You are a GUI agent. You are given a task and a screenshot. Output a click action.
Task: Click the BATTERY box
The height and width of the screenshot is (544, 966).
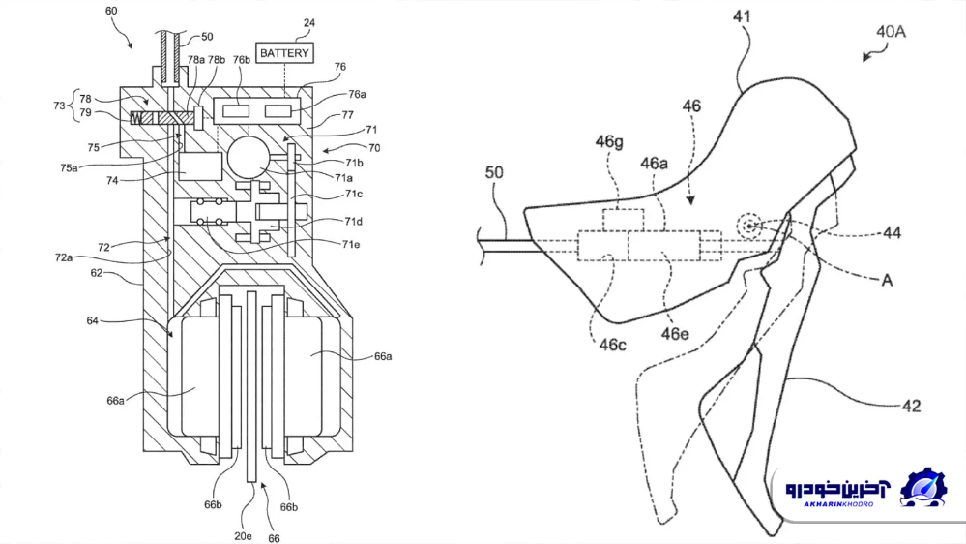(x=284, y=53)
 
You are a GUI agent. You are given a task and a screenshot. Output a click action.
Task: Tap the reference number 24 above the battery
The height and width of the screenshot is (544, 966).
(x=309, y=23)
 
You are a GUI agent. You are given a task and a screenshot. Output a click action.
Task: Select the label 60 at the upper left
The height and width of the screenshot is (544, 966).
(x=111, y=11)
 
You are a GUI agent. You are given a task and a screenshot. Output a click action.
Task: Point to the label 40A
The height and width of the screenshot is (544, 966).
(x=891, y=31)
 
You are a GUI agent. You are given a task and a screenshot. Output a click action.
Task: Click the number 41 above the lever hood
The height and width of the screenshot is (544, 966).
(x=743, y=15)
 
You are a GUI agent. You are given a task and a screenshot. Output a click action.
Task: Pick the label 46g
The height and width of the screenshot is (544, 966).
(x=608, y=142)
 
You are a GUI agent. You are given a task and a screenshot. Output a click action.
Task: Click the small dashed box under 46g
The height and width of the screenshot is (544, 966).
(x=624, y=220)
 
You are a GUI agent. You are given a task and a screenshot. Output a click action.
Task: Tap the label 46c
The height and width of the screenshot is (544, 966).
(x=612, y=345)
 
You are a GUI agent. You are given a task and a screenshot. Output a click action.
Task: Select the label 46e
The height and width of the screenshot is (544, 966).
(x=675, y=334)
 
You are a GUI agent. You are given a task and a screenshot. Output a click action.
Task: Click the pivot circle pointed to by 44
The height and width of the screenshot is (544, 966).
(x=749, y=227)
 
